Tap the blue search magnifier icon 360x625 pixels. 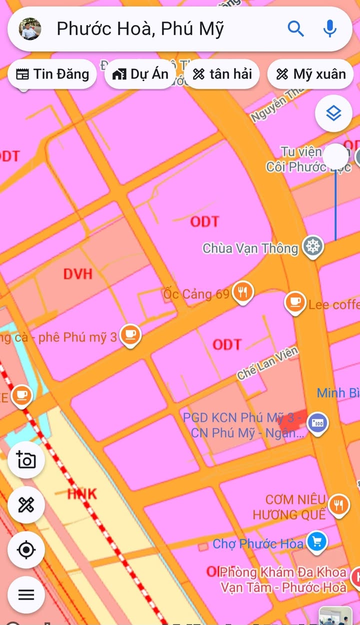[x=295, y=29]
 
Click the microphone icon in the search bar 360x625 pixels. [x=329, y=29]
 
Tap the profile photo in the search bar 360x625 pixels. [x=29, y=29]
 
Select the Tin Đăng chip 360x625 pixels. [x=52, y=74]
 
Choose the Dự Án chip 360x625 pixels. [x=140, y=74]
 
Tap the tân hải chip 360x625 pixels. [x=222, y=74]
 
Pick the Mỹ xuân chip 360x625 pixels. [x=310, y=74]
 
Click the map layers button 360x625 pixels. [x=333, y=113]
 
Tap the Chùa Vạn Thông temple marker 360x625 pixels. [x=313, y=246]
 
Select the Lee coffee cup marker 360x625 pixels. [x=295, y=302]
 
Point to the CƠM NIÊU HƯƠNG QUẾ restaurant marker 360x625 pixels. [x=338, y=504]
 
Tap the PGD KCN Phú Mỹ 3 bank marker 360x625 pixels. [x=317, y=423]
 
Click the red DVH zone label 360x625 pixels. [x=78, y=273]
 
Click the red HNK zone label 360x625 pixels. [x=81, y=494]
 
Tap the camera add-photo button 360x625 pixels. [x=26, y=459]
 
